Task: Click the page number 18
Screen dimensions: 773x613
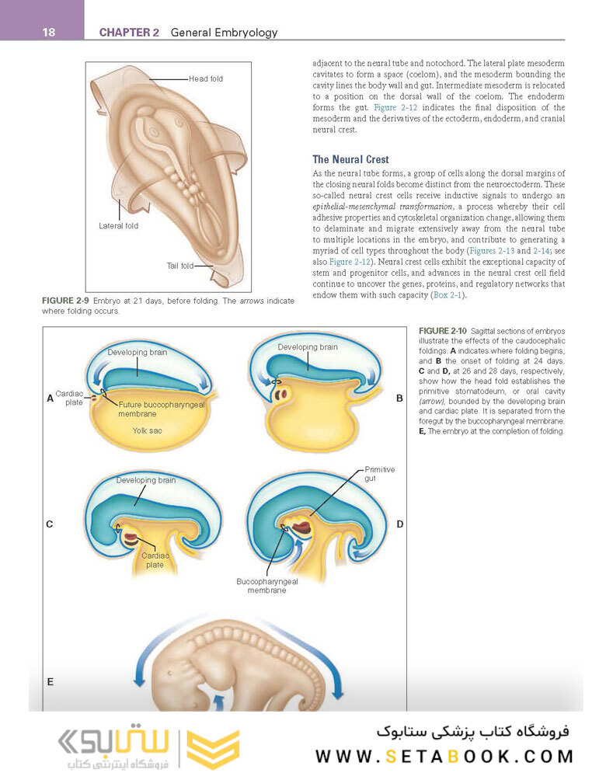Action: pyautogui.click(x=27, y=32)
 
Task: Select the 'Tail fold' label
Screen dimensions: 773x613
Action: pyautogui.click(x=179, y=266)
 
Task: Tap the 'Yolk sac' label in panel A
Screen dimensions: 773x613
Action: pyautogui.click(x=147, y=430)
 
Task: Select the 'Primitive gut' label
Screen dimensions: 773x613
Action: pyautogui.click(x=380, y=475)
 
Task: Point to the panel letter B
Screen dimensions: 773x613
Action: pyautogui.click(x=399, y=398)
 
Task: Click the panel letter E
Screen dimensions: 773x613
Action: pyautogui.click(x=50, y=681)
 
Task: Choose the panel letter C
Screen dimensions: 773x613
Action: pyautogui.click(x=50, y=524)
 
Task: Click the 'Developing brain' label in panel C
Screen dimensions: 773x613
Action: pyautogui.click(x=146, y=480)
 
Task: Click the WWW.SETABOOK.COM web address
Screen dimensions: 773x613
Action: pyautogui.click(x=444, y=756)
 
